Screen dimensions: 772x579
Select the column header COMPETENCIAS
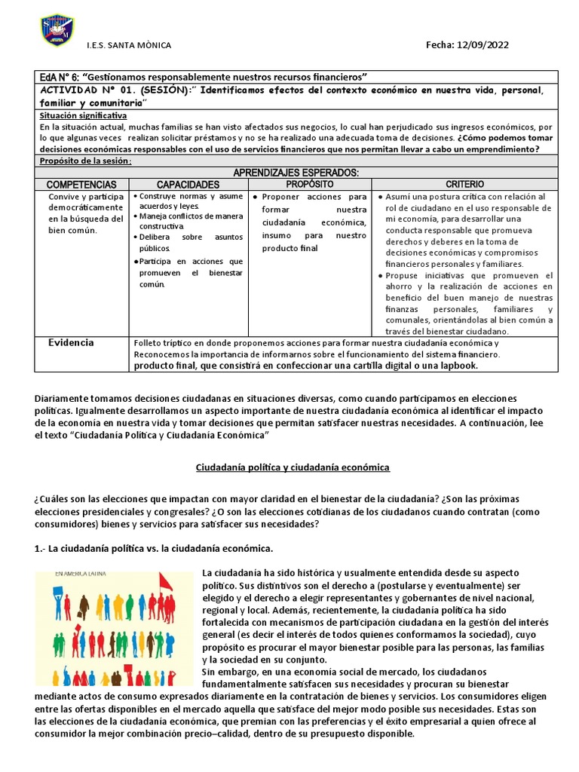point(81,185)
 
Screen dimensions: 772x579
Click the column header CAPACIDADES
point(188,185)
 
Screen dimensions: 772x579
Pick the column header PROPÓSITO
point(310,184)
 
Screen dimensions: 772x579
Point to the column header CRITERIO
point(464,184)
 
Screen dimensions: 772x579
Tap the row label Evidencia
point(72,342)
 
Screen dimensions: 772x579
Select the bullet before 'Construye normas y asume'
point(134,196)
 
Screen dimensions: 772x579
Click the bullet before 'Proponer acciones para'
point(256,197)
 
